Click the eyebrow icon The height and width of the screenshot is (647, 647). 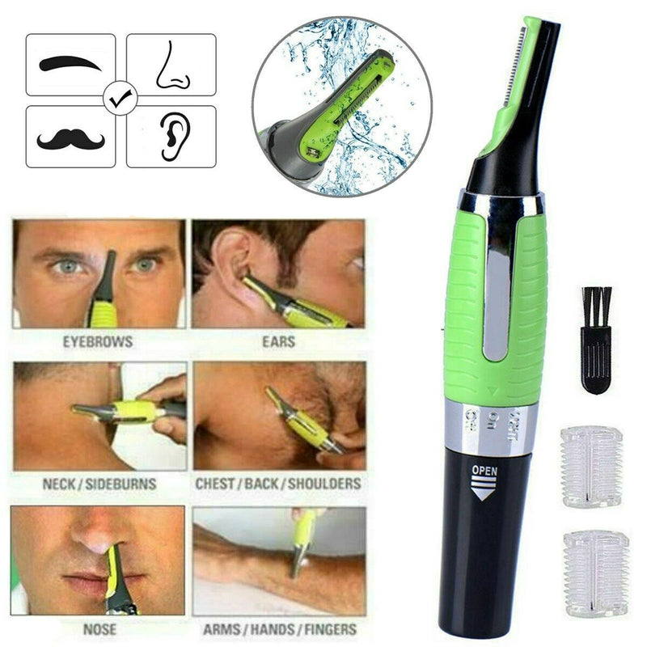pyautogui.click(x=70, y=63)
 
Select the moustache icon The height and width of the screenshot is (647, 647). pyautogui.click(x=70, y=137)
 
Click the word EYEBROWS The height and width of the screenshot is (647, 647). pyautogui.click(x=99, y=342)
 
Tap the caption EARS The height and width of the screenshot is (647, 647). pyautogui.click(x=278, y=342)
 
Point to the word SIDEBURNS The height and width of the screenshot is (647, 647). pyautogui.click(x=124, y=484)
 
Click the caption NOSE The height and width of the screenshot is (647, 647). pyautogui.click(x=99, y=627)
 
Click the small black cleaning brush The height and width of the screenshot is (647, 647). pyautogui.click(x=596, y=340)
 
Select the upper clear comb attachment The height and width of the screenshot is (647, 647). pyautogui.click(x=591, y=467)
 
